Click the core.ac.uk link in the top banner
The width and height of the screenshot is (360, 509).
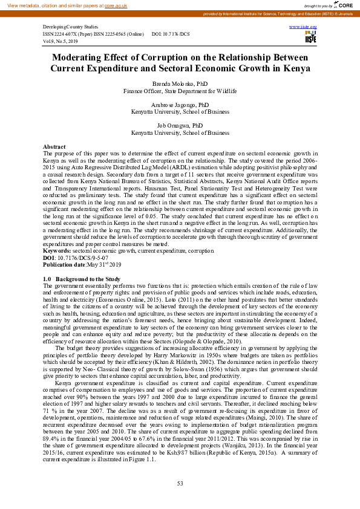click(114, 5)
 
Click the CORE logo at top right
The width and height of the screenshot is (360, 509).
click(345, 5)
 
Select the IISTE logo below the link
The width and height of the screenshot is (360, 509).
click(311, 38)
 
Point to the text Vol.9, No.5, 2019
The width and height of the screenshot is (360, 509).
click(61, 41)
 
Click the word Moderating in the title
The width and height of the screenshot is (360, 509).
click(82, 57)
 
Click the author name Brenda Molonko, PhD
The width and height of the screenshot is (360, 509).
click(180, 84)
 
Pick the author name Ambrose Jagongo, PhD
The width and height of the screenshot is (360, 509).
click(180, 105)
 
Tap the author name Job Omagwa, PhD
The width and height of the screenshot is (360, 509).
click(180, 125)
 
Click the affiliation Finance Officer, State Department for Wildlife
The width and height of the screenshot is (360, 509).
click(180, 91)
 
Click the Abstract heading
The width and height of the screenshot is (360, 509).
click(54, 147)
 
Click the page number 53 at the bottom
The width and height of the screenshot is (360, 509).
click(180, 483)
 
